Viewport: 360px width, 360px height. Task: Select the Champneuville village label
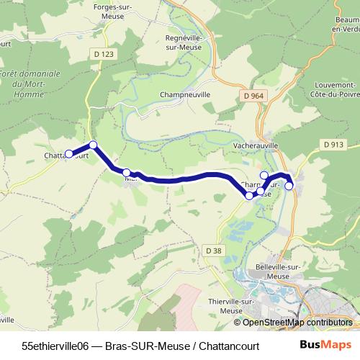tap(185, 94)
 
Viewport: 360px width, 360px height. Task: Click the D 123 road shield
tap(104, 54)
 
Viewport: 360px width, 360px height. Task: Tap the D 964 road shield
tap(253, 95)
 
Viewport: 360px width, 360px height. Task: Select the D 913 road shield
tap(333, 144)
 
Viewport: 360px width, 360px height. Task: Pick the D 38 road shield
tap(213, 250)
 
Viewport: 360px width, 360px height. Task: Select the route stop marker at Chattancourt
tap(69, 153)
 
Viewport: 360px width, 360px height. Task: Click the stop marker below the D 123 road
tap(93, 145)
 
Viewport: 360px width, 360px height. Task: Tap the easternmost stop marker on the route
tap(289, 186)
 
